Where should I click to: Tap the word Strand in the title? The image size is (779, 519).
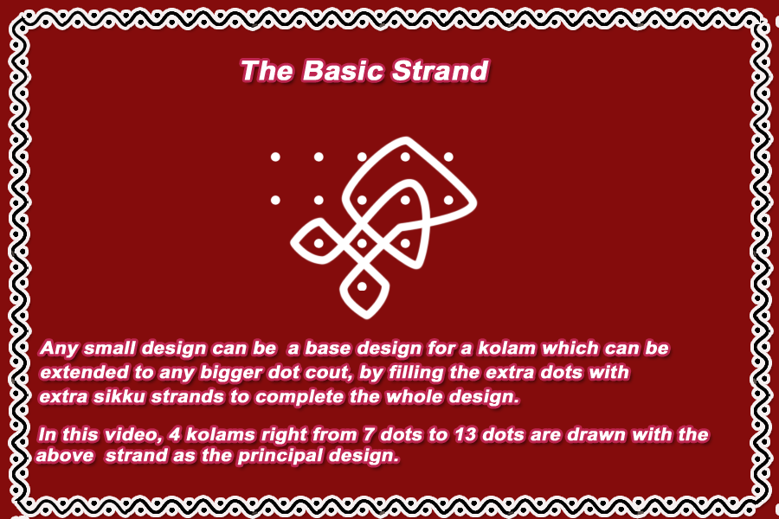click(441, 71)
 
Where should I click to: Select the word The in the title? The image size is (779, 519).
click(267, 71)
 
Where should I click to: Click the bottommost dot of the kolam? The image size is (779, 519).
click(362, 286)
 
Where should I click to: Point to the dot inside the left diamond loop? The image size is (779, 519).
click(319, 243)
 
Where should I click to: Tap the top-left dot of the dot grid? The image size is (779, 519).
click(275, 157)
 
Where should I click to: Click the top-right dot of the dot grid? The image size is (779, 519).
click(448, 157)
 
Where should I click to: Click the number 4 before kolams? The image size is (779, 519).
click(174, 434)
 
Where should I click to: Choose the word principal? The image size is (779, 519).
click(280, 456)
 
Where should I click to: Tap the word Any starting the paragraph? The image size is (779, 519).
click(58, 349)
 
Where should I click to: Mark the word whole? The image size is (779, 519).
click(414, 397)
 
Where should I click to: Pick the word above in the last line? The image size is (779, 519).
click(65, 456)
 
